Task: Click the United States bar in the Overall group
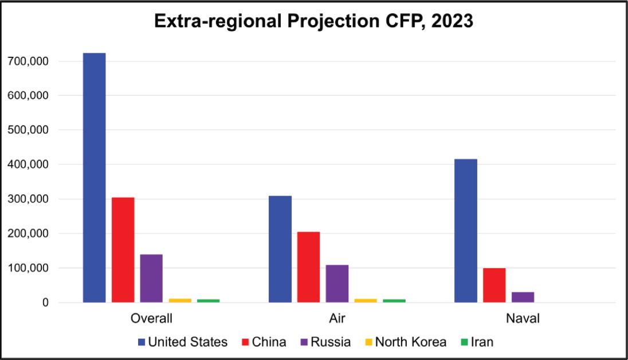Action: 94,178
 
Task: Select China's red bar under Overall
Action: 123,250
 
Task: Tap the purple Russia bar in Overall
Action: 151,278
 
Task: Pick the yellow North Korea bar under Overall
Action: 180,300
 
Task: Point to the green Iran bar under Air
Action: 394,300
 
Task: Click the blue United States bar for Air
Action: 280,249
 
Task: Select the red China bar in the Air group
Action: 308,267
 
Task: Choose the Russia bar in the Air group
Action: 337,284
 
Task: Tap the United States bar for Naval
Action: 465,230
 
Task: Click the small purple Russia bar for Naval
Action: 523,297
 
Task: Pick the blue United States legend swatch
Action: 142,342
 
